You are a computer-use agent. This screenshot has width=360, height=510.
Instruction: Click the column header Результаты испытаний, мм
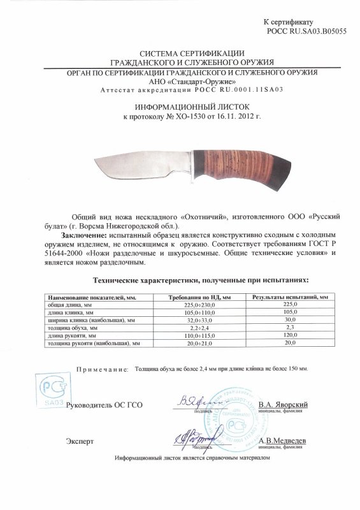(290, 298)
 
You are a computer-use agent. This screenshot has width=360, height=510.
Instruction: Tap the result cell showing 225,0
(290, 305)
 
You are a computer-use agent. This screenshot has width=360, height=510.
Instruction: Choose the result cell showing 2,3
(290, 328)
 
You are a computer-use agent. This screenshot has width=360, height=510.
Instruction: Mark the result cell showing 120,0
(290, 335)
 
